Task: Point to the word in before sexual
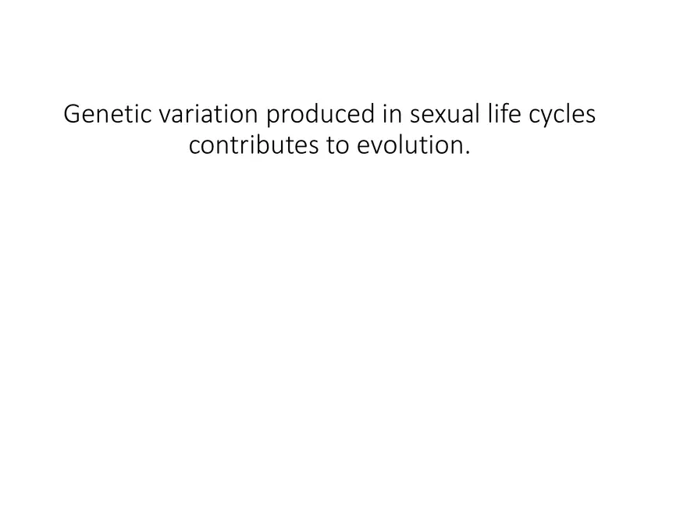[391, 114]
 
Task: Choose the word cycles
[562, 116]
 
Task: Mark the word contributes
[253, 145]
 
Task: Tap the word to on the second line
[337, 145]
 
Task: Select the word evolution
[410, 145]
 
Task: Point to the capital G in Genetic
[72, 114]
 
